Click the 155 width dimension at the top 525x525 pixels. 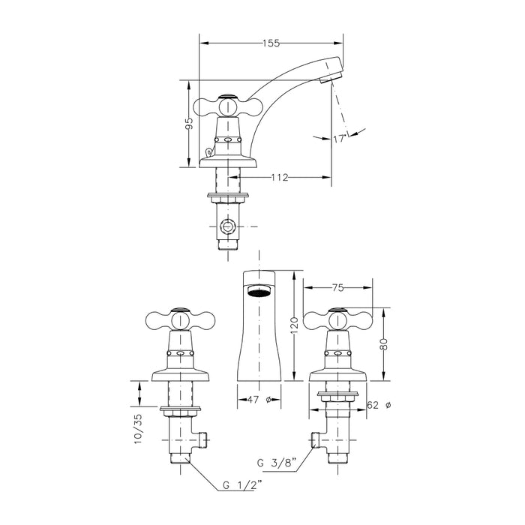click(270, 43)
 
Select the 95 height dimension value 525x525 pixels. click(190, 124)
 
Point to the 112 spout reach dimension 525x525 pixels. click(280, 178)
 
